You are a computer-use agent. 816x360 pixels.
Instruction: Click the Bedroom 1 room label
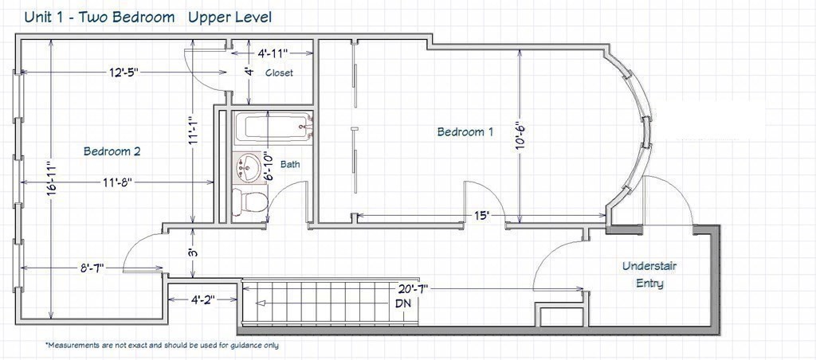click(465, 132)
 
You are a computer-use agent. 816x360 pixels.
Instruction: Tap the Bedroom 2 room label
click(112, 151)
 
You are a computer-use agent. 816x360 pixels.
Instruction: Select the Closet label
click(279, 72)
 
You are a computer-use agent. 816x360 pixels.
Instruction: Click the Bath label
click(290, 165)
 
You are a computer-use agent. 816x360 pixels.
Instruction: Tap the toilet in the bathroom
click(251, 200)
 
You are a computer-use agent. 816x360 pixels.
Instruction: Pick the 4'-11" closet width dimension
click(273, 54)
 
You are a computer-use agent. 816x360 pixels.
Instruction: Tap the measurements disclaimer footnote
click(162, 346)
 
